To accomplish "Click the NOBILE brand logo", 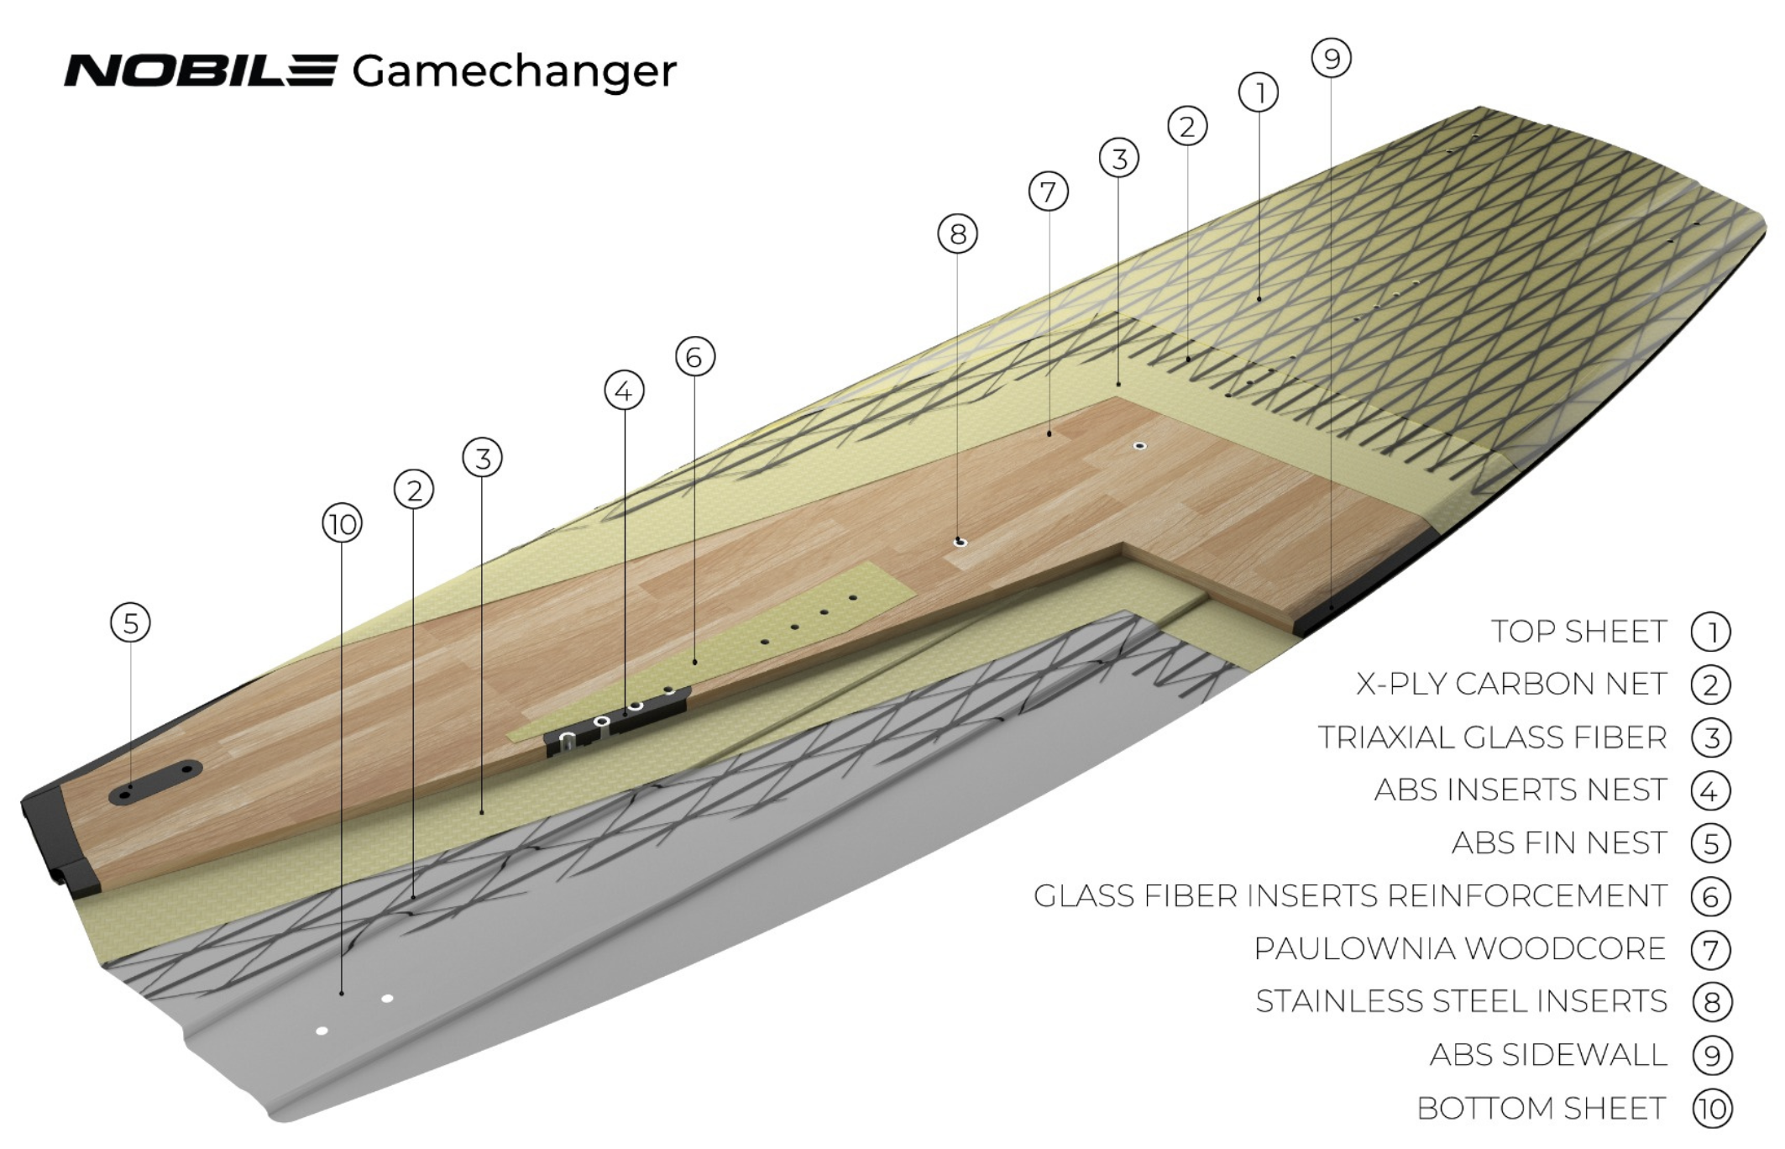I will click(202, 71).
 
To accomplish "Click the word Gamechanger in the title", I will click(514, 72).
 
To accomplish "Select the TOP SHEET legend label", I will click(1578, 632).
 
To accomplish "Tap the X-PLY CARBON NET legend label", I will click(1511, 685).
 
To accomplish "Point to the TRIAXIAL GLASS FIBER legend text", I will click(1492, 737).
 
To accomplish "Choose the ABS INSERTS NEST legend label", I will click(1521, 790).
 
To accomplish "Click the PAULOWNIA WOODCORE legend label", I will click(1459, 949).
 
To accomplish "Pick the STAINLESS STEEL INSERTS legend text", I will click(1461, 1002).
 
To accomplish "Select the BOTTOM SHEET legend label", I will click(1541, 1109).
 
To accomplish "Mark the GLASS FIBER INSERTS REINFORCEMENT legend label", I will click(1349, 896).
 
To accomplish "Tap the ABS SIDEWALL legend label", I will click(1548, 1056).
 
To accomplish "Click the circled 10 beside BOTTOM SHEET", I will click(1711, 1110).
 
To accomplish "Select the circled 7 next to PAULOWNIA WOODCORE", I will click(1711, 950).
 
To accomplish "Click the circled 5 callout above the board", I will click(130, 623).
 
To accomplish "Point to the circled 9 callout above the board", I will click(1331, 58).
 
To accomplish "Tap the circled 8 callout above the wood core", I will click(957, 233).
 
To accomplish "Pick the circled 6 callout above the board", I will click(694, 357).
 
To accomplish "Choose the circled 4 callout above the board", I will click(624, 391).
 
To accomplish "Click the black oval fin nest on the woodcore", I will click(155, 782).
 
